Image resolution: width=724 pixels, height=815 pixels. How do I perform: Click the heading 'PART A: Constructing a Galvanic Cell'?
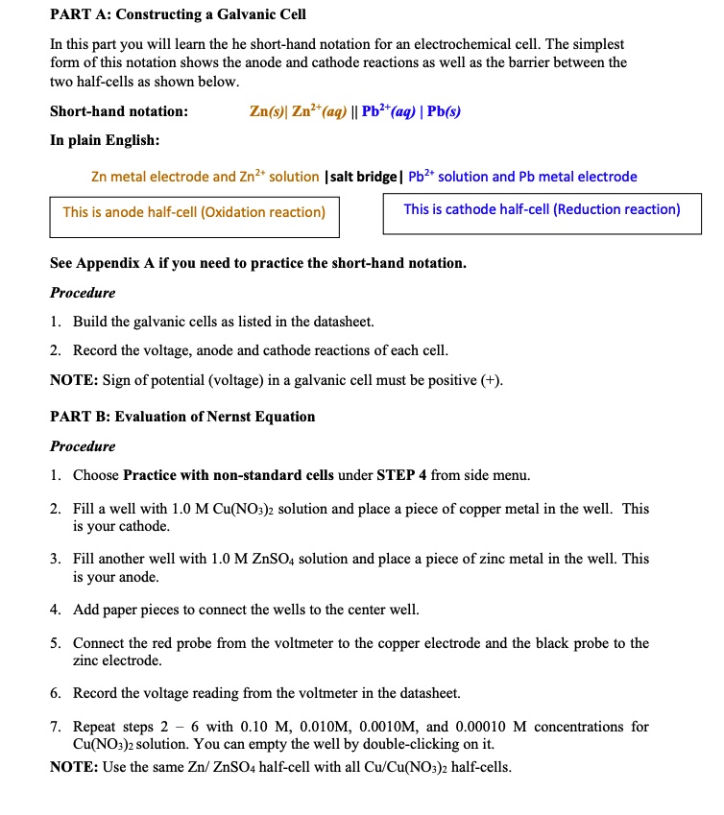tap(178, 15)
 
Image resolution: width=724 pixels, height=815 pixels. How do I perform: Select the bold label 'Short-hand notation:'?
tap(118, 111)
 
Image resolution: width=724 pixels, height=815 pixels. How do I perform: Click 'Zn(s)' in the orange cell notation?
tap(268, 111)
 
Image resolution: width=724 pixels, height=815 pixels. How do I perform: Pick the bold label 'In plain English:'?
tap(105, 140)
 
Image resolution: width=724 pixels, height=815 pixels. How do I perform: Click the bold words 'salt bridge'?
tap(365, 177)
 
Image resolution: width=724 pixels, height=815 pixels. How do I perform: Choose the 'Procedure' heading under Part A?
tap(83, 292)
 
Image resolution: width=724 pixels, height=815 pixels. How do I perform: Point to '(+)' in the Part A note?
tap(489, 379)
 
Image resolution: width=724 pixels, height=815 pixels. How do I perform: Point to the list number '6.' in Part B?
tap(57, 692)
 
